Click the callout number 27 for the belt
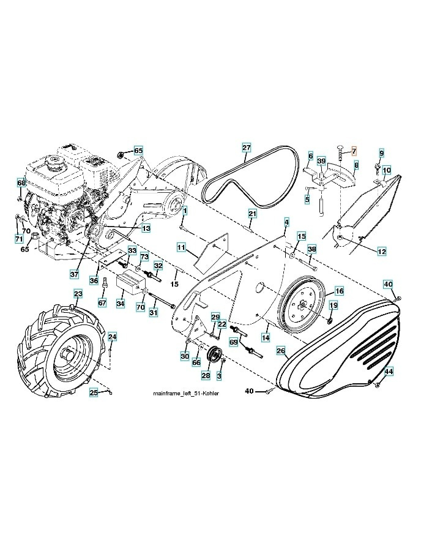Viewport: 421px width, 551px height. [x=246, y=148]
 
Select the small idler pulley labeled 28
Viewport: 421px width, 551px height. [x=214, y=356]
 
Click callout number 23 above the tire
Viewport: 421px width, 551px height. [x=78, y=294]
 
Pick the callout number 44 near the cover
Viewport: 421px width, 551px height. [x=389, y=372]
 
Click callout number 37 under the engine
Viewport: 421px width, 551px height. [x=75, y=274]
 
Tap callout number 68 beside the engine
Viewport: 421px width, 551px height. [x=21, y=182]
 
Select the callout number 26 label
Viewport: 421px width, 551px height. [x=280, y=351]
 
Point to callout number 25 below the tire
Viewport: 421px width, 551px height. [x=94, y=392]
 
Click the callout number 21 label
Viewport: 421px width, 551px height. [x=251, y=213]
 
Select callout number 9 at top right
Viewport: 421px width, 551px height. [x=381, y=152]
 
